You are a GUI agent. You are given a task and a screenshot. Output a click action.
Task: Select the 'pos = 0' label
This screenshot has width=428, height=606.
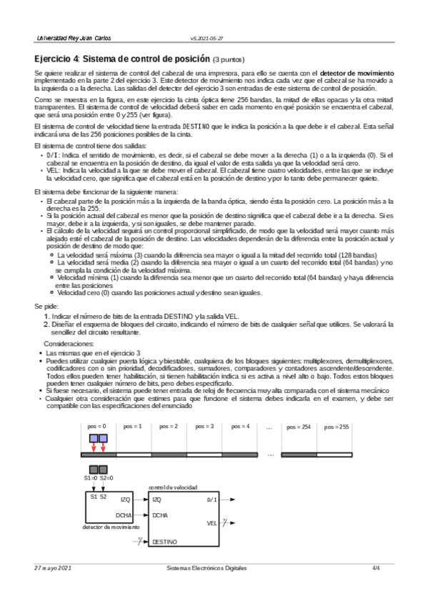pos(96,427)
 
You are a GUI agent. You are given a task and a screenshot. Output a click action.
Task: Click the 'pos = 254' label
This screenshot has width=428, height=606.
pos(299,427)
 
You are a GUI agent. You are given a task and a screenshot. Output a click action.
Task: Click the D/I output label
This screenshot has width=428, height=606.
pos(212,500)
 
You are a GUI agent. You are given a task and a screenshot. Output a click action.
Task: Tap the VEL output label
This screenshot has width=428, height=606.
pos(211,523)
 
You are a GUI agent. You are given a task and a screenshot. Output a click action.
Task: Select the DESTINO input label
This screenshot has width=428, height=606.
pos(165,542)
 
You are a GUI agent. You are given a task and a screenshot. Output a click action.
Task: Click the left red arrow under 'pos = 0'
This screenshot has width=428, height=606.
pos(93,447)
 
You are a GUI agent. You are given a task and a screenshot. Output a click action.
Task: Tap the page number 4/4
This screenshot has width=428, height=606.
pos(376,567)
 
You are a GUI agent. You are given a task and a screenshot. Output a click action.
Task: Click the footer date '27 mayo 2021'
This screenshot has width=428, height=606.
pos(53,567)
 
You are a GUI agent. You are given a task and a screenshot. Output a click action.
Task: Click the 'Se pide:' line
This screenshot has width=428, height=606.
pos(47,325)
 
